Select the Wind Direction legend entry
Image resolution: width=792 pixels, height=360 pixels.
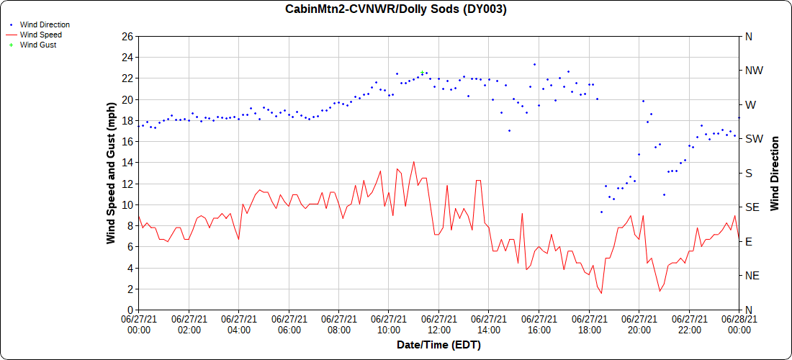(x=45, y=24)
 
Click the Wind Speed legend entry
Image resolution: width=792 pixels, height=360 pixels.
(x=40, y=35)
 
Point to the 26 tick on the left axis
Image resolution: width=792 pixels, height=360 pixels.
(x=127, y=36)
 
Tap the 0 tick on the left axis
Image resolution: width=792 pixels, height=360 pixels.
(x=130, y=310)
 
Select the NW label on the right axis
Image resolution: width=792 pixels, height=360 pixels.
(x=753, y=71)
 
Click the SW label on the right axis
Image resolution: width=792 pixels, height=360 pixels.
(x=753, y=139)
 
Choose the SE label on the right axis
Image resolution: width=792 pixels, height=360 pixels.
(x=752, y=207)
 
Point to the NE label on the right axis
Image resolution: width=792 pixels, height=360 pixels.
(x=752, y=276)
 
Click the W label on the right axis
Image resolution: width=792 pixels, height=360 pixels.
(x=750, y=104)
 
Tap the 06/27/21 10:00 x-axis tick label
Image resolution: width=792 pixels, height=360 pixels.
(x=389, y=325)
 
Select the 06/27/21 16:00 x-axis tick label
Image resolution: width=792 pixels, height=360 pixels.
(x=539, y=325)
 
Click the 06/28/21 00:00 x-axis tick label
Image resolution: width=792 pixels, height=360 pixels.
(x=739, y=325)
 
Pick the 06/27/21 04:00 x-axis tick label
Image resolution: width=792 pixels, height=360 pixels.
(x=238, y=325)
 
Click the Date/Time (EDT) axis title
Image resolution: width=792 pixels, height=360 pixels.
(x=438, y=345)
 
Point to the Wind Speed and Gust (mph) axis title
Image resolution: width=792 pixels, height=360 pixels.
(x=111, y=173)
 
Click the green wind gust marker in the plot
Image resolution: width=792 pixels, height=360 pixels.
(x=422, y=72)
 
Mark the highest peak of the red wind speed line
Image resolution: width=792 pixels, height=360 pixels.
(x=414, y=162)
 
